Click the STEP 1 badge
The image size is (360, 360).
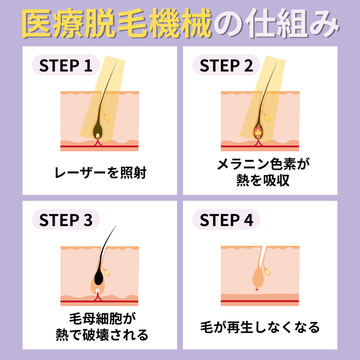click(65, 66)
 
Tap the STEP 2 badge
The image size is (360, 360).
click(226, 66)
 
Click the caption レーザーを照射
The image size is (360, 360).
click(100, 172)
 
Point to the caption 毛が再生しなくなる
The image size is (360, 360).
click(260, 328)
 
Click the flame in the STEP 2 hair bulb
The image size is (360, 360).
click(258, 130)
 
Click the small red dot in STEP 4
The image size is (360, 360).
click(257, 289)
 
